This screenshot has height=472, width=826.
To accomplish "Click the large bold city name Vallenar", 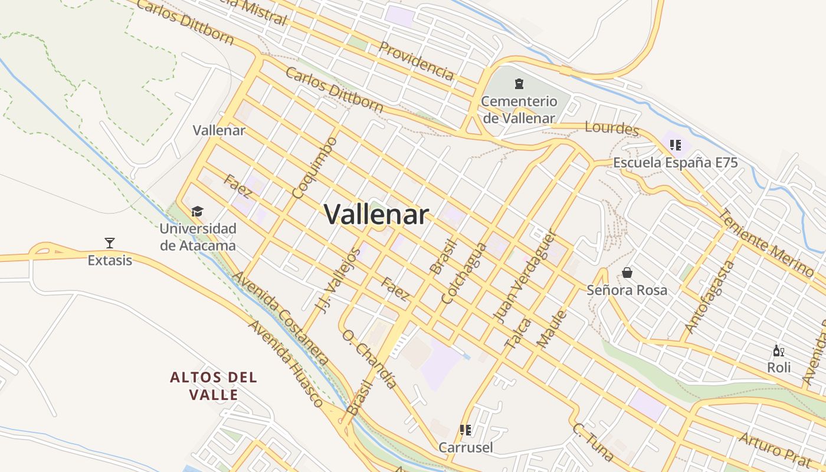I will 376,214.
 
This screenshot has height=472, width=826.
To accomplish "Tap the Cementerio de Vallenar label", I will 519,109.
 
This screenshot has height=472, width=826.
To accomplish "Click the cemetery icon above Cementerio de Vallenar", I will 519,84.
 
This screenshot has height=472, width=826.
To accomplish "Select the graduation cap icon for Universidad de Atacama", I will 197,211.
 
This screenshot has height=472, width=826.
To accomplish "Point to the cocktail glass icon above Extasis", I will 109,242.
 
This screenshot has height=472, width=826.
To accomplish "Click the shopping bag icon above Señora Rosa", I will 627,273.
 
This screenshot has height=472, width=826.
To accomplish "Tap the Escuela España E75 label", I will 675,163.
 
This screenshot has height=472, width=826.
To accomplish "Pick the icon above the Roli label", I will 778,351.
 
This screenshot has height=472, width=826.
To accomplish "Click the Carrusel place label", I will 465,447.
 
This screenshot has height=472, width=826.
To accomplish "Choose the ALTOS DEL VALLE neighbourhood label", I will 214,386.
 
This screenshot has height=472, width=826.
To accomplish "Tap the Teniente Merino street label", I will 767,242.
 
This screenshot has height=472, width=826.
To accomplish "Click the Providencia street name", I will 416,60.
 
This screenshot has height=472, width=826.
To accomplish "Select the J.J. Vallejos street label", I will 338,280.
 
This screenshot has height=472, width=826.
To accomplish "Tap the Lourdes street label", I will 612,128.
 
